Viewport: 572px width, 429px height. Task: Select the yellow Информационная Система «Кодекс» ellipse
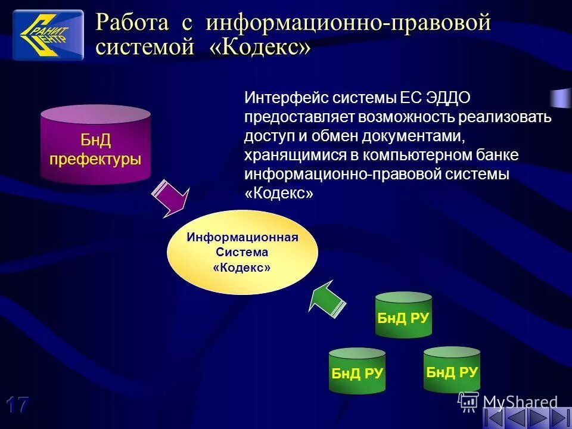coord(243,252)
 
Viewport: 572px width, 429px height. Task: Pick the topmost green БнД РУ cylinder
coord(403,316)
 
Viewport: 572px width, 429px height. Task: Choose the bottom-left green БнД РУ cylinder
coord(357,372)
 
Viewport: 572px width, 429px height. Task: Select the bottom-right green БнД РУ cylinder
coord(452,371)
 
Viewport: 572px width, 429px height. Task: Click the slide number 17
coord(18,405)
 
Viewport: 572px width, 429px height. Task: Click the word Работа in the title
coord(132,24)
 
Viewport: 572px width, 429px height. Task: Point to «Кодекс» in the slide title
coord(260,48)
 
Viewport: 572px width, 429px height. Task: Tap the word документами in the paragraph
coord(411,136)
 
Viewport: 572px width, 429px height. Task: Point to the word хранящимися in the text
coord(292,155)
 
